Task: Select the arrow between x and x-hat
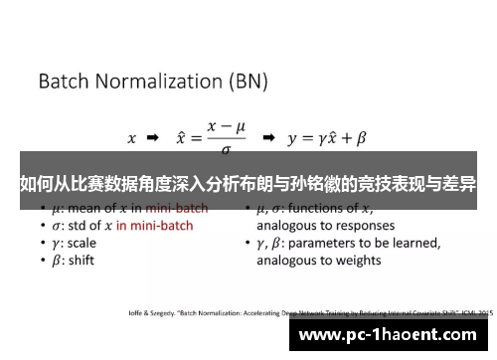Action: click(x=153, y=137)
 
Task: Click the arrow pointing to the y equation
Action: click(x=267, y=137)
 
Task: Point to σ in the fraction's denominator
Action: click(x=227, y=149)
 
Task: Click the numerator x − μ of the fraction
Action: click(x=227, y=126)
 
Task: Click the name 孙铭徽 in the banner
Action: click(x=329, y=184)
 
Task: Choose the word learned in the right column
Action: click(x=414, y=243)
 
